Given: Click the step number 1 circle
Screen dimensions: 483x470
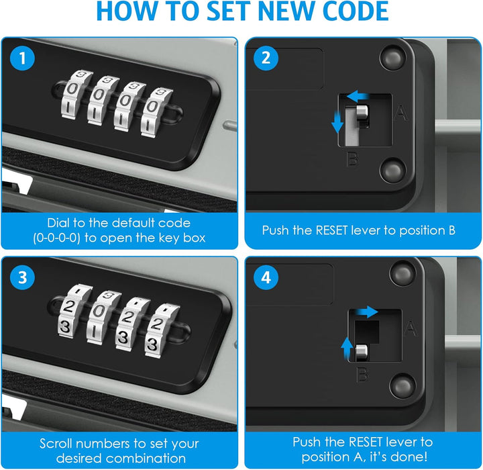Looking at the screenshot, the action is [22, 58].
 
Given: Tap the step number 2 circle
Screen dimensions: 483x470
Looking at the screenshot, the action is [266, 58].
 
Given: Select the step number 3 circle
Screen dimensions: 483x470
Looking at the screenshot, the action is [22, 277].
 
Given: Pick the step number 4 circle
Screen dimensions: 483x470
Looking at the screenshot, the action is [266, 277].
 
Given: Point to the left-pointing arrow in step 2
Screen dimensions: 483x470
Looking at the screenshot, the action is [358, 96].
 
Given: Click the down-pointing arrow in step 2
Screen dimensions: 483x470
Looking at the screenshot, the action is [337, 122].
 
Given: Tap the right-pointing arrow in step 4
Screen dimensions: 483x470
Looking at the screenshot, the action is [366, 312].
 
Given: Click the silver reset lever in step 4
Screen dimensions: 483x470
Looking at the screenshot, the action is [361, 352].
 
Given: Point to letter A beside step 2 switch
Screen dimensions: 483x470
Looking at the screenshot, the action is [401, 113].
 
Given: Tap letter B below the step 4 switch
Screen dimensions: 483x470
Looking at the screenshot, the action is [362, 375].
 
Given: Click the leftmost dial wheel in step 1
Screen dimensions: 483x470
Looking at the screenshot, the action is [76, 94].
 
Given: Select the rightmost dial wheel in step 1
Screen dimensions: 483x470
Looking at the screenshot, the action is [156, 112].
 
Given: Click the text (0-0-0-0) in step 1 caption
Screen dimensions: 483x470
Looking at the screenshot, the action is [56, 238].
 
